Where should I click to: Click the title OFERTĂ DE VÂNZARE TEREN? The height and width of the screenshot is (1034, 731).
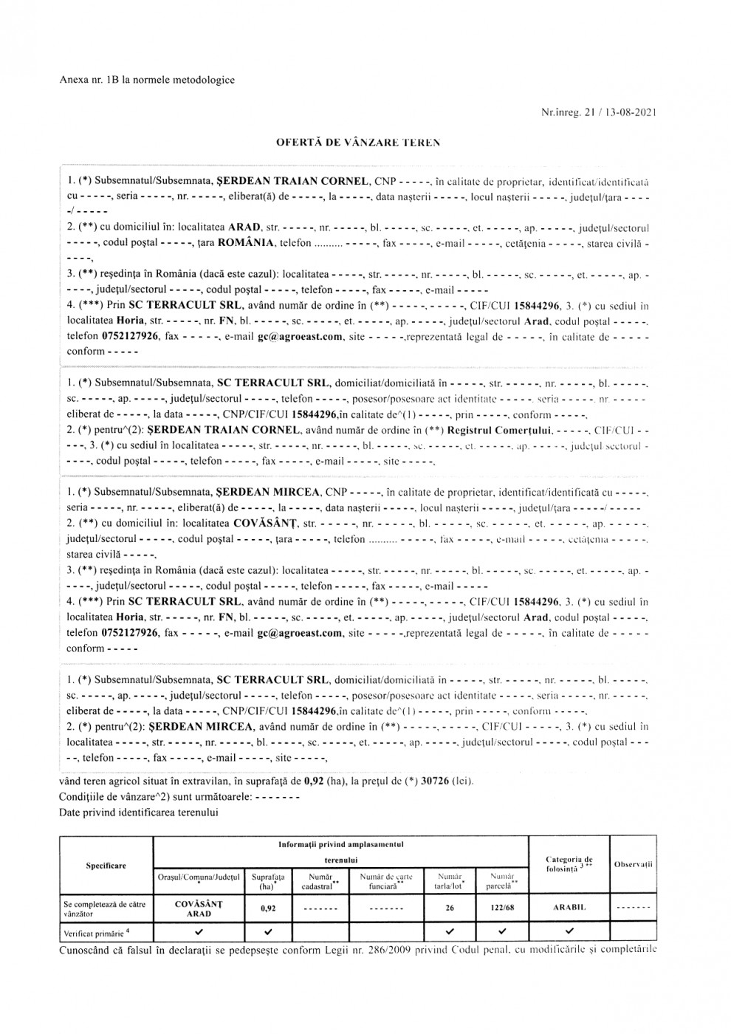point(358,142)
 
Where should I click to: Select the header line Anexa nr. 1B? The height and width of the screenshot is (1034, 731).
point(147,80)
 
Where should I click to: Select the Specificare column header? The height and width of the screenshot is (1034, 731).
point(106,866)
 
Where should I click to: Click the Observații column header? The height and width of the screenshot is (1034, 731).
point(634,864)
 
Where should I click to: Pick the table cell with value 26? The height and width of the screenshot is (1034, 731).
point(450,908)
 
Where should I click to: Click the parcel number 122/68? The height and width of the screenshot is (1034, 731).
point(502,908)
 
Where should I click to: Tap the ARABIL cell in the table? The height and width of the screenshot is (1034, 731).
point(569,908)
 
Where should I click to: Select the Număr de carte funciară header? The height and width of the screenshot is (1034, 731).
point(386,881)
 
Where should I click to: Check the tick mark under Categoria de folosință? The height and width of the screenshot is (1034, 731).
point(569,932)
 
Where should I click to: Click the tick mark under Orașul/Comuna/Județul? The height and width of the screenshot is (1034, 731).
point(199,932)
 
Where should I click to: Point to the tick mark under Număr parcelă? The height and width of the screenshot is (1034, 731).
point(502,932)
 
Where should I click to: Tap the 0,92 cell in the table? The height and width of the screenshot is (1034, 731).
point(268,908)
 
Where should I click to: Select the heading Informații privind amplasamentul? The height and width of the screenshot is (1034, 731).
point(340,843)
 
